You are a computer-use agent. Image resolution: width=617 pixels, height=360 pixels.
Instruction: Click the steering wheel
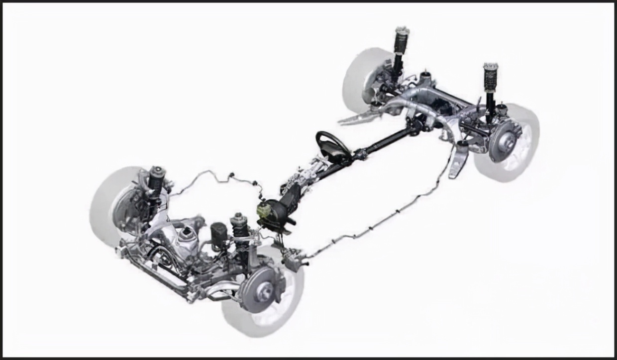[x=332, y=145]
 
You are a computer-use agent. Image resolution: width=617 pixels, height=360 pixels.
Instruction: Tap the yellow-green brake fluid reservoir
[x=264, y=209]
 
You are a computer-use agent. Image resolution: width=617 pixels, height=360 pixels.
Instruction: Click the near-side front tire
[x=279, y=318]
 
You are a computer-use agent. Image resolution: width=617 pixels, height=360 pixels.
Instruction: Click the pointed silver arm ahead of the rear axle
[x=356, y=118]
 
